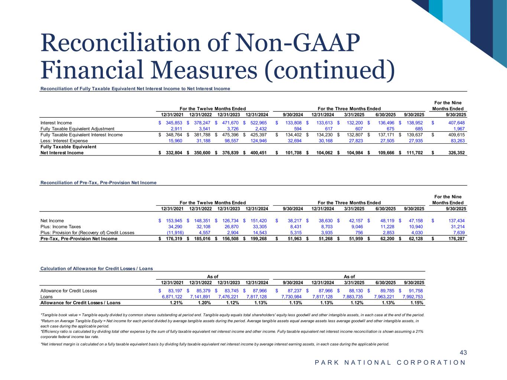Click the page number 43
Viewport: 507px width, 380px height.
pos(463,353)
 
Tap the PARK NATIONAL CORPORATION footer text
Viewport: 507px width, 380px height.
pos(390,363)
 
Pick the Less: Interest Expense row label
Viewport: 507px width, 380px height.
pos(64,141)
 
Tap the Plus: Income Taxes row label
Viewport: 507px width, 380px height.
pos(60,227)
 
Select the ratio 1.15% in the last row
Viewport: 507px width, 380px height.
pos(416,303)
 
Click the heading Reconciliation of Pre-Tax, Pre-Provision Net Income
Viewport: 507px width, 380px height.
pos(98,183)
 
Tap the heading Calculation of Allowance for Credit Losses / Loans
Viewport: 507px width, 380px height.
pos(97,268)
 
